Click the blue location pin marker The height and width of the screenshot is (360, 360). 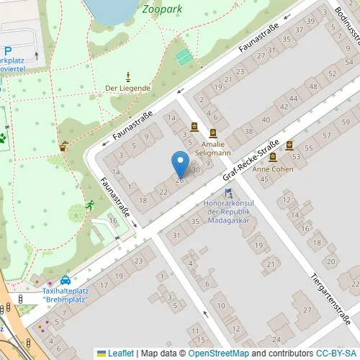pyautogui.click(x=180, y=164)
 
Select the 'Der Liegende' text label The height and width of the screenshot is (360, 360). pyautogui.click(x=127, y=88)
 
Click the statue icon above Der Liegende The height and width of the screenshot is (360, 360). pyautogui.click(x=128, y=76)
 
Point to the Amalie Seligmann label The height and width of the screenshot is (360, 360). pyautogui.click(x=210, y=148)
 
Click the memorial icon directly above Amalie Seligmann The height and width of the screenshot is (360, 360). pyautogui.click(x=213, y=133)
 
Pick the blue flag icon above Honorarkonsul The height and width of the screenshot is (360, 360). pyautogui.click(x=228, y=193)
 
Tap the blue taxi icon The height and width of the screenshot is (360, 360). pyautogui.click(x=66, y=279)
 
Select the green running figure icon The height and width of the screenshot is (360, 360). pyautogui.click(x=90, y=206)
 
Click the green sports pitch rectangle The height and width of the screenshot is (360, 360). pyautogui.click(x=185, y=55)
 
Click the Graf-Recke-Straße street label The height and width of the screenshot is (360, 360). pyautogui.click(x=251, y=161)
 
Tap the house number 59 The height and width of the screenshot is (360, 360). pyautogui.click(x=326, y=135)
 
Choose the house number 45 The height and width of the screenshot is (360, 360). pyautogui.click(x=264, y=178)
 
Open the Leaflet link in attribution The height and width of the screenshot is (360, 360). pyautogui.click(x=120, y=354)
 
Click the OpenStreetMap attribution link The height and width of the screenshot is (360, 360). pyautogui.click(x=218, y=354)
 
